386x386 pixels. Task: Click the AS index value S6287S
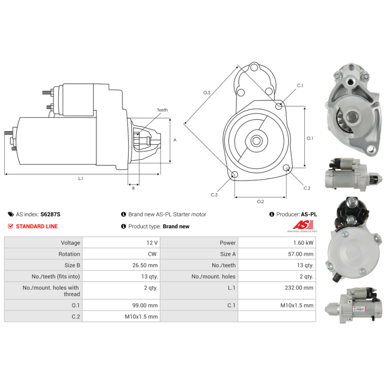pyautogui.click(x=50, y=214)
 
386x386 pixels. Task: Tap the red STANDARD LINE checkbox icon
pyautogui.click(x=10, y=226)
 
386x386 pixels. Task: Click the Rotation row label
pyautogui.click(x=69, y=254)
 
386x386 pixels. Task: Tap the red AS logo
pyautogui.click(x=303, y=225)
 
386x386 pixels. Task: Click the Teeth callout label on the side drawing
pyautogui.click(x=163, y=110)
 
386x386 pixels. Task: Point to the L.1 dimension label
pyautogui.click(x=81, y=179)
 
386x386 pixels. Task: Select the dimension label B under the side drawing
pyautogui.click(x=134, y=188)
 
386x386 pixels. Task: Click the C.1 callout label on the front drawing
pyautogui.click(x=300, y=85)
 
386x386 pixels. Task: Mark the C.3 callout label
pyautogui.click(x=214, y=195)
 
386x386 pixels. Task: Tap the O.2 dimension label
pyautogui.click(x=261, y=202)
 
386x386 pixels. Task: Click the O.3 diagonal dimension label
pyautogui.click(x=207, y=93)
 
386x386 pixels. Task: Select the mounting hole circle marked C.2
pyautogui.click(x=286, y=168)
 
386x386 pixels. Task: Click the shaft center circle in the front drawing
pyautogui.click(x=256, y=141)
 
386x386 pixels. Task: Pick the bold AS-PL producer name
pyautogui.click(x=309, y=214)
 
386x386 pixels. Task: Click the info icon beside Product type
pyautogui.click(x=124, y=226)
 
